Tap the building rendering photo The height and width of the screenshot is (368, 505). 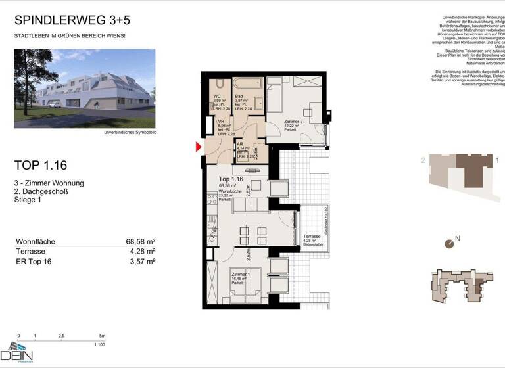tap(85, 88)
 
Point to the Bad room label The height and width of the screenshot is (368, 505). tap(239, 97)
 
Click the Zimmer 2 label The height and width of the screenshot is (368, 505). tap(293, 122)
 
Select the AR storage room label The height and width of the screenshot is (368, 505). tap(241, 144)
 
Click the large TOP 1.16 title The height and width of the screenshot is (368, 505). tap(41, 165)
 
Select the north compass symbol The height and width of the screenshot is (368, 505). tap(449, 244)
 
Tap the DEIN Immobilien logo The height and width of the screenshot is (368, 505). tap(20, 353)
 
